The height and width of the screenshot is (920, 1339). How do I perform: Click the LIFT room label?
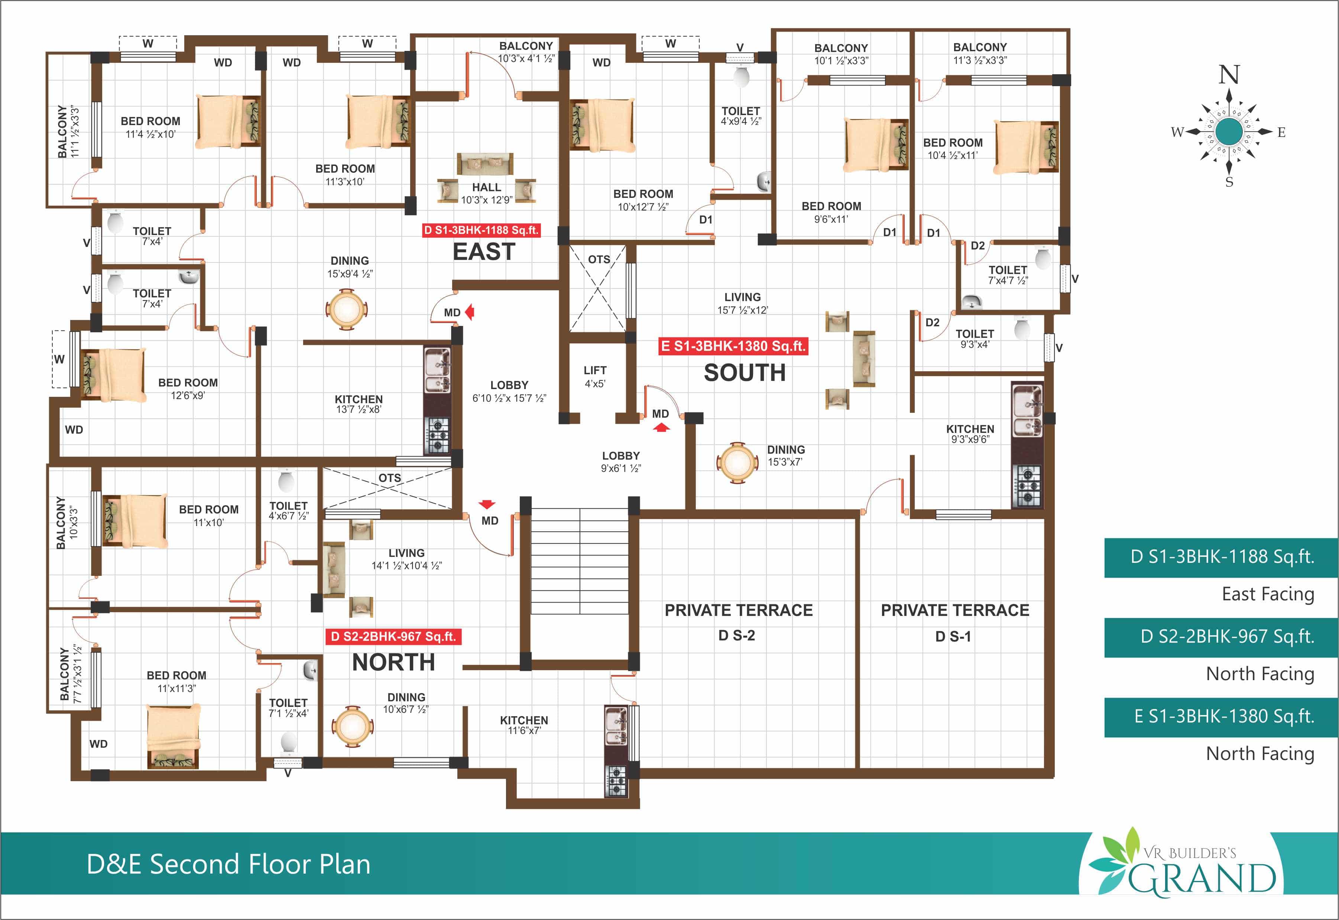(595, 370)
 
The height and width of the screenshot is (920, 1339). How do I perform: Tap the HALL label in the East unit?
(486, 187)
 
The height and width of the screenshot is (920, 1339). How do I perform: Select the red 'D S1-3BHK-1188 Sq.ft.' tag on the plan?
(481, 230)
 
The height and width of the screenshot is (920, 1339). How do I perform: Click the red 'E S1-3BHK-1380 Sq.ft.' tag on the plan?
(733, 346)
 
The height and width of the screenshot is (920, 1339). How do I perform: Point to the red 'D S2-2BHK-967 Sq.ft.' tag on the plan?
(393, 636)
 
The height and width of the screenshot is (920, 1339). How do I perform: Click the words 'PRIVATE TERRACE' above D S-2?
(739, 610)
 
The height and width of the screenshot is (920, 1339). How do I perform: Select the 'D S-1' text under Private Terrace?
(953, 636)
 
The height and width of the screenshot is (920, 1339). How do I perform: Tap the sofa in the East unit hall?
(484, 164)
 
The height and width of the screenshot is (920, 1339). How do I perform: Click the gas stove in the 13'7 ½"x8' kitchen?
(437, 435)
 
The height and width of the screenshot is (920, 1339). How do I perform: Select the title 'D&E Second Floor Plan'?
(228, 864)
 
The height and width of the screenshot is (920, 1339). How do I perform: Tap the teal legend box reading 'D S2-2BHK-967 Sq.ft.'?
(1221, 637)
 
